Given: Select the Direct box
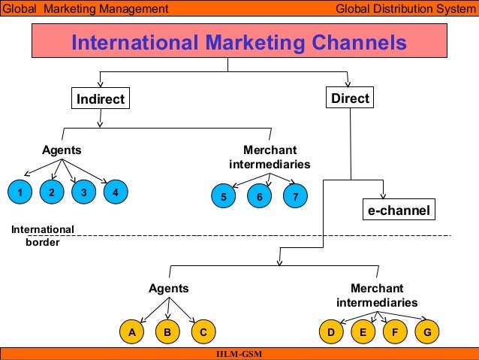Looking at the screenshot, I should [x=349, y=98].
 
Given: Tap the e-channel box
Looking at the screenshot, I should [x=399, y=210].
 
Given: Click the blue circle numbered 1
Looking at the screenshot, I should [x=20, y=193].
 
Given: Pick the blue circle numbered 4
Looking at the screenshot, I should [x=115, y=193].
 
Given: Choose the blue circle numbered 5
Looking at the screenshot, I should [x=223, y=197].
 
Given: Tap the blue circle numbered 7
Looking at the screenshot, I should [x=296, y=197].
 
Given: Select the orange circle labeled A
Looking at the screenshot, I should [x=131, y=331].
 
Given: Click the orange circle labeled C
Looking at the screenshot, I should [x=203, y=331].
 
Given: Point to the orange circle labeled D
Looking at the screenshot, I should [x=330, y=331].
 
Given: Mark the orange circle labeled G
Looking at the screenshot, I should [x=427, y=331].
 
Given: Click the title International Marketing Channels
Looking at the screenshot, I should [x=239, y=43].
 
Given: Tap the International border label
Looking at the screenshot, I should [x=43, y=236].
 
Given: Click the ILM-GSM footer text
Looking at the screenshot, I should [x=239, y=354].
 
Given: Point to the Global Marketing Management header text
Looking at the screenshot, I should [x=85, y=9].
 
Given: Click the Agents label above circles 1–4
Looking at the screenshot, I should [x=62, y=150].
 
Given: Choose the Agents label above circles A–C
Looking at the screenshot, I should [x=168, y=289].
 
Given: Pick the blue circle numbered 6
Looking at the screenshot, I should [x=259, y=197].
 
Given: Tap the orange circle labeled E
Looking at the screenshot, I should [x=363, y=331].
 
